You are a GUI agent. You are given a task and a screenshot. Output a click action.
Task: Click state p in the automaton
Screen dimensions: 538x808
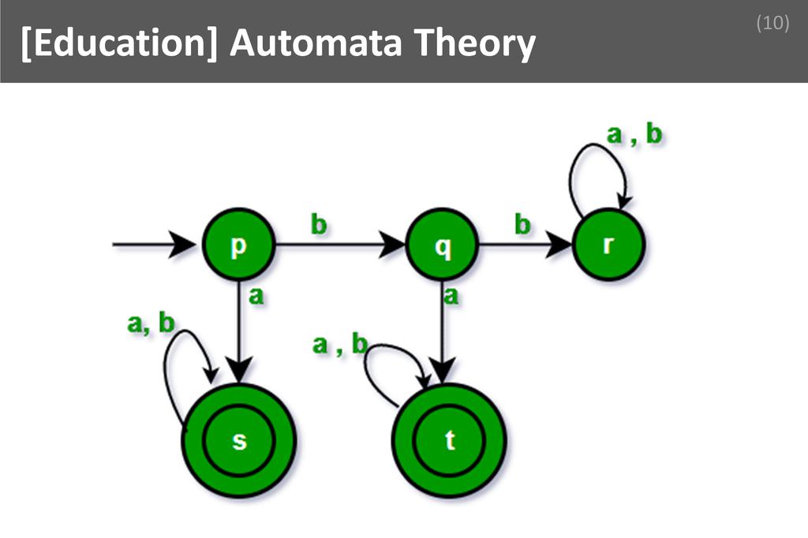tap(238, 245)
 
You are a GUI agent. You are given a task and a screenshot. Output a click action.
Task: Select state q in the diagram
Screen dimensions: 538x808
tap(443, 245)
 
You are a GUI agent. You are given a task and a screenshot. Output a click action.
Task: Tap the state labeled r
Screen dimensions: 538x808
tap(608, 245)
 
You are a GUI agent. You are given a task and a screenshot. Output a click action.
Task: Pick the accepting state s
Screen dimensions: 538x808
tap(238, 440)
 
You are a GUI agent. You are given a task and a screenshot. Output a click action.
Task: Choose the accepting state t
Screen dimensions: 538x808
tap(449, 440)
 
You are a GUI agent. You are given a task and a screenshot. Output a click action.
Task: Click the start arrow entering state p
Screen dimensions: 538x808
tap(154, 245)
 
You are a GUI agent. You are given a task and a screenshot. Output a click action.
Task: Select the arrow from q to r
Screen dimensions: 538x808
tap(525, 245)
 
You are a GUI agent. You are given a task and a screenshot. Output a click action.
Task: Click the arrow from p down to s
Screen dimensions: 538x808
tap(238, 331)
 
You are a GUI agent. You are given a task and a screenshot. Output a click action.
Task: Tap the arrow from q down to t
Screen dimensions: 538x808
tap(443, 331)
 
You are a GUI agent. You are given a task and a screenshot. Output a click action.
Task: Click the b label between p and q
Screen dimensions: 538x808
tap(318, 225)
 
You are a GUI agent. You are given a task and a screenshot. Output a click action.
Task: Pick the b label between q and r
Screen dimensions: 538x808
tap(522, 225)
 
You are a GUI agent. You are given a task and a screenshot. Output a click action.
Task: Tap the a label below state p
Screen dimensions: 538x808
tap(256, 297)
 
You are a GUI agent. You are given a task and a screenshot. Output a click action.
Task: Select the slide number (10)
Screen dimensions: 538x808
tap(772, 24)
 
